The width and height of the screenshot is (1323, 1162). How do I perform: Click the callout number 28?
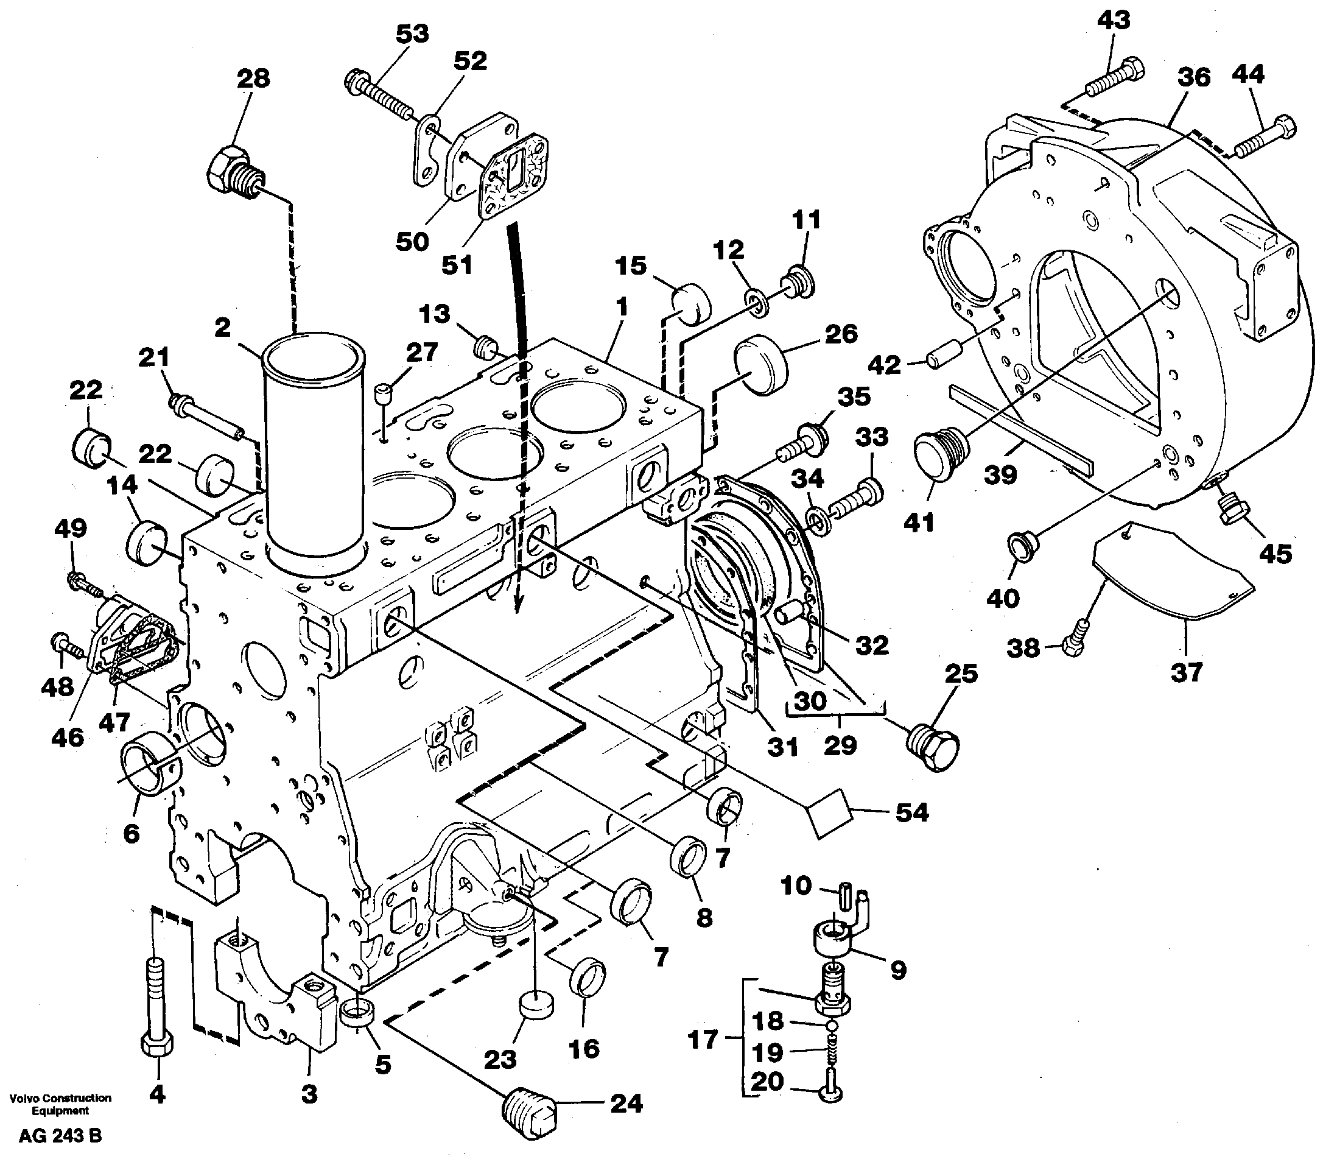[253, 79]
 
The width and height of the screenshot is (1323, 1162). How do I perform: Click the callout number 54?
[911, 812]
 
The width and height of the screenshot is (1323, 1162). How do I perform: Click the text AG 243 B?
[60, 1136]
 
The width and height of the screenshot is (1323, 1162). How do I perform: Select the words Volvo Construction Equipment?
[60, 1104]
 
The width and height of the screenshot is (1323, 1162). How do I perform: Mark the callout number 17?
[702, 1040]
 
